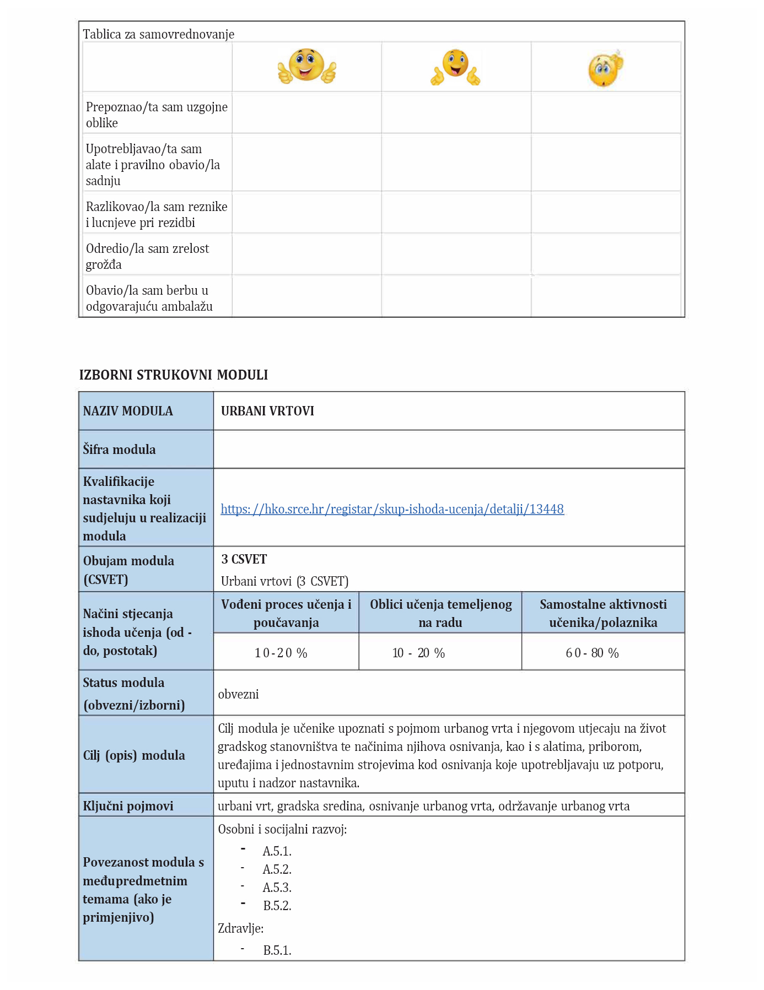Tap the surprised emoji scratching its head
605,69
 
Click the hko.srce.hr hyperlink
392,509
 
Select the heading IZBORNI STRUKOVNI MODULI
174,375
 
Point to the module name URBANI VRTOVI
267,411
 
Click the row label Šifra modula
119,450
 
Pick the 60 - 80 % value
592,653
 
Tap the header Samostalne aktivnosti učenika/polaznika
603,613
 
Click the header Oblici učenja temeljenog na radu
440,613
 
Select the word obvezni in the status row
238,694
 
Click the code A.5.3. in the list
277,888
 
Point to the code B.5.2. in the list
277,906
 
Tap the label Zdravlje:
240,928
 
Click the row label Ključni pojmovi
128,806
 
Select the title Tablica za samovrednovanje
158,34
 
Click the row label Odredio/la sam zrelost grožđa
147,256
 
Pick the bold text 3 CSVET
244,560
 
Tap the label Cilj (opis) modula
134,755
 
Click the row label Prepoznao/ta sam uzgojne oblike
157,115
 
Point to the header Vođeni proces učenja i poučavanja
286,613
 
